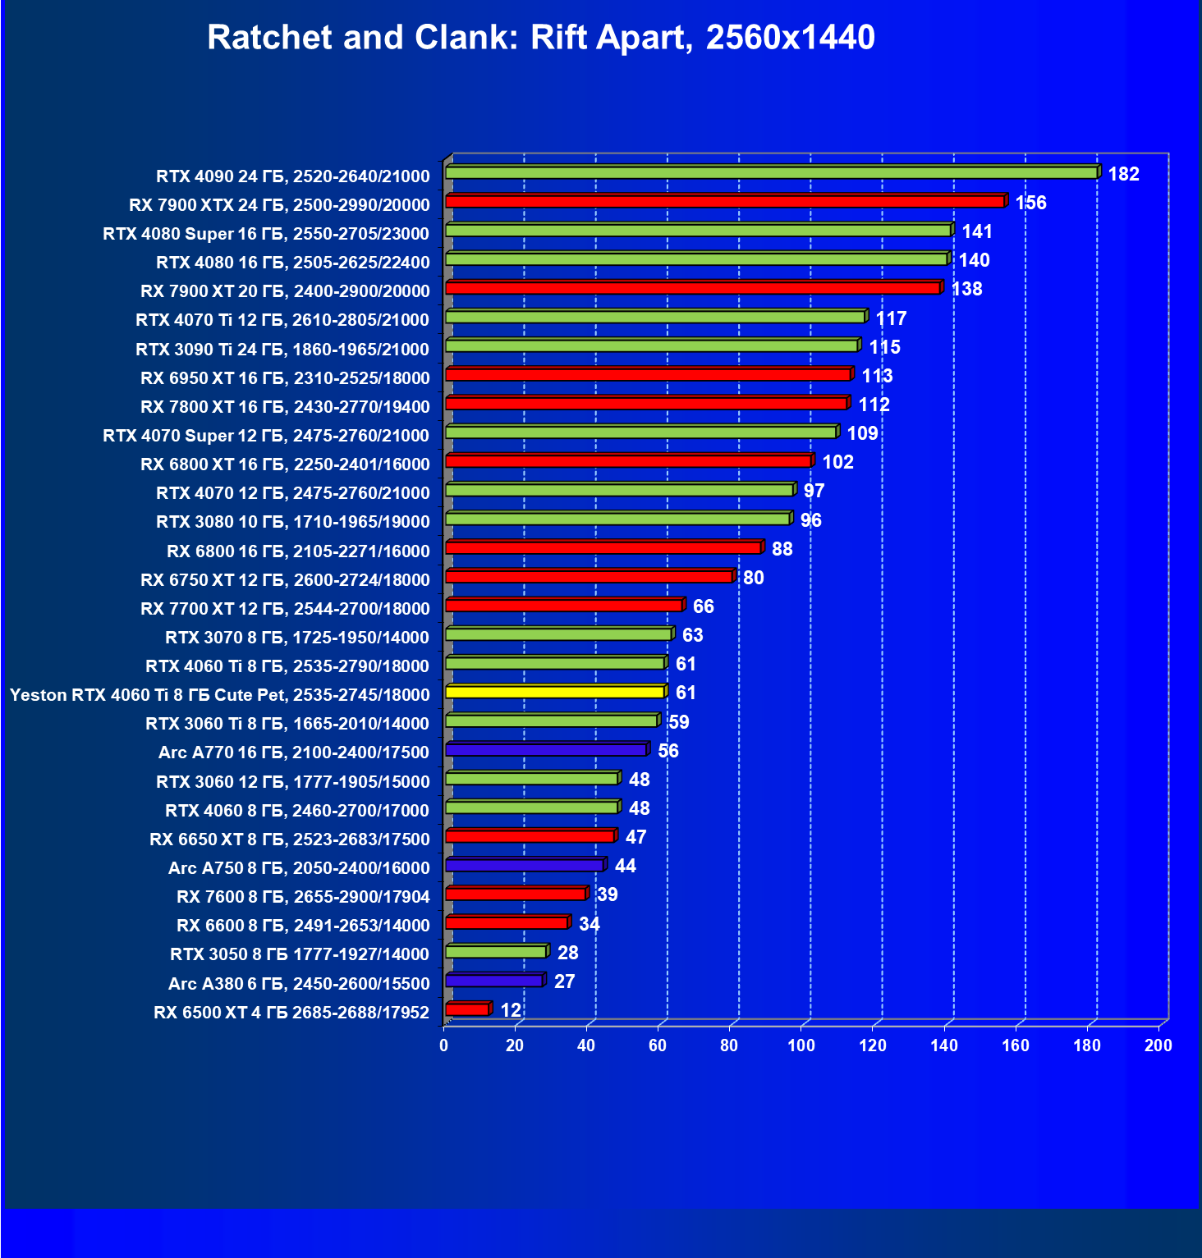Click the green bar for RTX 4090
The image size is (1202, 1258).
pyautogui.click(x=772, y=173)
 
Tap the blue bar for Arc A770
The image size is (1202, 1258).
pyautogui.click(x=546, y=750)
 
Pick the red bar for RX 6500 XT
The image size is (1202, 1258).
pyautogui.click(x=467, y=1010)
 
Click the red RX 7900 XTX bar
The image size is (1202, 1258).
pyautogui.click(x=725, y=202)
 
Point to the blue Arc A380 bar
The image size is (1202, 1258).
pyautogui.click(x=494, y=981)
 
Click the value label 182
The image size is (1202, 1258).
pyautogui.click(x=1123, y=174)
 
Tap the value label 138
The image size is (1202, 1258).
pyautogui.click(x=966, y=289)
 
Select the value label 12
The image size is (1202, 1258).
pyautogui.click(x=511, y=1010)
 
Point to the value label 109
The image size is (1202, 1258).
pyautogui.click(x=862, y=433)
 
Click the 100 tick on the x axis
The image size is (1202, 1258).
pyautogui.click(x=801, y=1045)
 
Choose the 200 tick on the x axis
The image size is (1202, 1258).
pyautogui.click(x=1158, y=1045)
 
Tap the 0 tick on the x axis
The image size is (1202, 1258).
pyautogui.click(x=444, y=1045)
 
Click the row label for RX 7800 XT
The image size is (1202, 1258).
pyautogui.click(x=285, y=407)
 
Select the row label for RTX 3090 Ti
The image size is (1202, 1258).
pyautogui.click(x=282, y=350)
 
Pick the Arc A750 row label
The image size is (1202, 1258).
pyautogui.click(x=299, y=868)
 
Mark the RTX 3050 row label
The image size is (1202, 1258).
pyautogui.click(x=299, y=954)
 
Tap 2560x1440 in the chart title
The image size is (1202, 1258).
pyautogui.click(x=790, y=38)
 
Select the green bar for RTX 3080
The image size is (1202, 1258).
pyautogui.click(x=618, y=519)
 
